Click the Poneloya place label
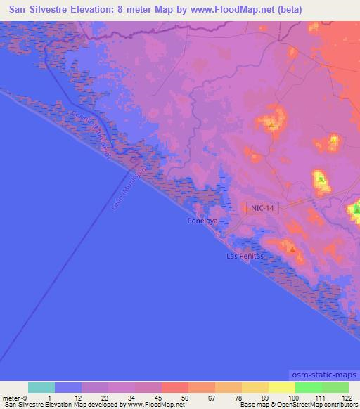203,221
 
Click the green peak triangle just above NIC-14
321,180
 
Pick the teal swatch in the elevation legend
41,387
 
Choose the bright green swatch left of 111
307,387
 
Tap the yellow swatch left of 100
281,387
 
